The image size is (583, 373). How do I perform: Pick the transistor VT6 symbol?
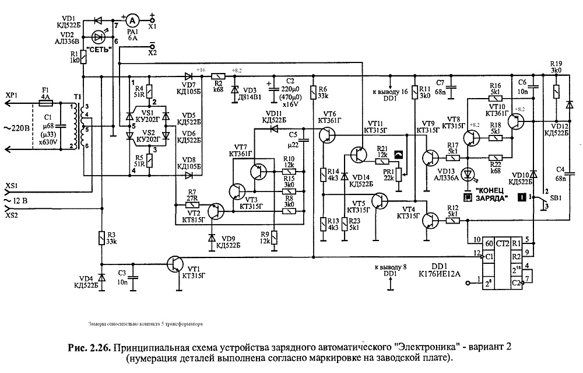coord(328,135)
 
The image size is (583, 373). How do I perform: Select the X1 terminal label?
coord(152,27)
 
